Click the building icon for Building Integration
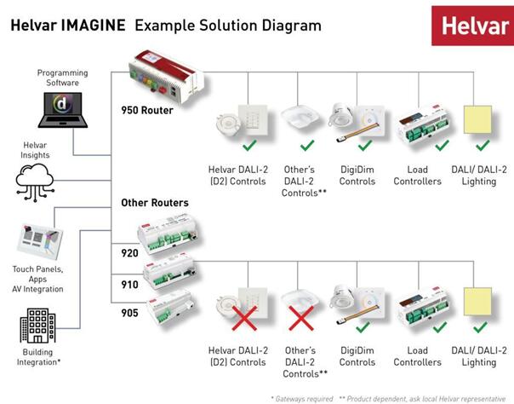pos(38,326)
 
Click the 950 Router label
pos(148,111)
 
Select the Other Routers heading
pos(155,203)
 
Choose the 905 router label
pos(129,312)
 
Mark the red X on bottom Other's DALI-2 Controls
pos(301,321)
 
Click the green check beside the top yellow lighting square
pos(483,144)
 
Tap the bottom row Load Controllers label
pos(418,356)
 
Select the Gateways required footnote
pos(300,397)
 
